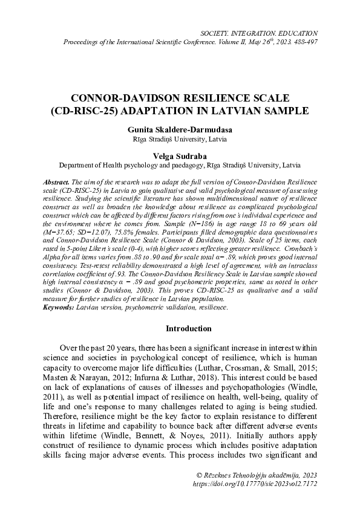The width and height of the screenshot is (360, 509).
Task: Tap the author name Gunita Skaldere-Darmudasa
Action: pyautogui.click(x=180, y=129)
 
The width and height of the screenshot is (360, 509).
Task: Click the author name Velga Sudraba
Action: pyautogui.click(x=180, y=155)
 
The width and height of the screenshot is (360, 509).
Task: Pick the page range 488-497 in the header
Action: pyautogui.click(x=302, y=42)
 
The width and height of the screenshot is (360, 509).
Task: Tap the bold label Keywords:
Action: pyautogui.click(x=59, y=308)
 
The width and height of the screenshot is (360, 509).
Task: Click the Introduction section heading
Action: pyautogui.click(x=180, y=329)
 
